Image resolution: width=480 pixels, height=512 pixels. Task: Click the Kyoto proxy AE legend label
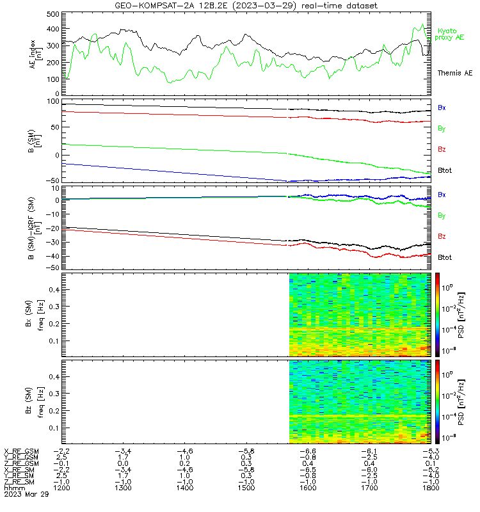point(449,35)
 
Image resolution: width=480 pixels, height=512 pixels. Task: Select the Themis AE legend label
point(455,73)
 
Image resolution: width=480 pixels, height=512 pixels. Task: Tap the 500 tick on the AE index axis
point(53,14)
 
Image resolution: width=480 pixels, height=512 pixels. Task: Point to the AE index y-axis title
point(36,54)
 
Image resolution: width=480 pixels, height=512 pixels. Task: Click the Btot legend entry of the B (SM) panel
point(444,170)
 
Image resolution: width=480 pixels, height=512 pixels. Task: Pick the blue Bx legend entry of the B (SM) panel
point(442,108)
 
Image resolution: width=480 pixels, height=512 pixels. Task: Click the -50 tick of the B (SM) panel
point(52,181)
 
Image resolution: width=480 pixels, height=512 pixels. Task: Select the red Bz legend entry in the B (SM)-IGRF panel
point(442,236)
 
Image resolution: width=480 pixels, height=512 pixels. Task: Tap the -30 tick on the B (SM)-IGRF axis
point(52,243)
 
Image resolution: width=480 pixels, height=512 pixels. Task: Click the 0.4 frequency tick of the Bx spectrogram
point(54,290)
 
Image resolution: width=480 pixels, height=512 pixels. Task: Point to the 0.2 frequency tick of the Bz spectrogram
point(54,411)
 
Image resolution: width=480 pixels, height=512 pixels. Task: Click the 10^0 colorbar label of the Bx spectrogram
point(447,287)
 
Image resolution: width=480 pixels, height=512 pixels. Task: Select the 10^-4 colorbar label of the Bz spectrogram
point(449,417)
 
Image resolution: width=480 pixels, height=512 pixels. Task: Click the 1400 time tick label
point(184,488)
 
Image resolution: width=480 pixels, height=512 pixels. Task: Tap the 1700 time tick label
point(369,488)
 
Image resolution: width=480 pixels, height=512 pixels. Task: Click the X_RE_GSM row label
point(21,451)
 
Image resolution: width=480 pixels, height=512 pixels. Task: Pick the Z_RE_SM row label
point(19,482)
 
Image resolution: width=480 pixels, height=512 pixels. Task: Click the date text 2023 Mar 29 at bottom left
point(26,494)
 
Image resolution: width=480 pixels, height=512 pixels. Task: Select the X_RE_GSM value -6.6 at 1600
point(308,451)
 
